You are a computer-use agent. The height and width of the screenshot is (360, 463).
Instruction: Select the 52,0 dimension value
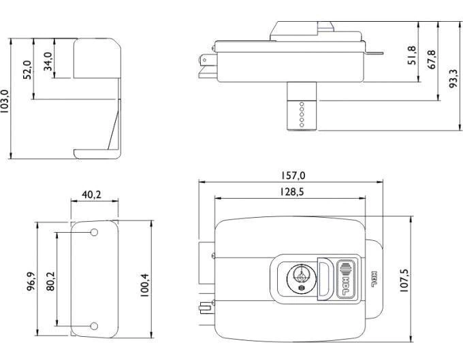(x=28, y=70)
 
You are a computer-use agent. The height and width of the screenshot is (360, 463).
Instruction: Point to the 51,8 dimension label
(x=411, y=56)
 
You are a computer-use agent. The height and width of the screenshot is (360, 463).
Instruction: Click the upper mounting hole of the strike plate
(x=95, y=233)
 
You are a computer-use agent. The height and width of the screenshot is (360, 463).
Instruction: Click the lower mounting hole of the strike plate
(x=95, y=326)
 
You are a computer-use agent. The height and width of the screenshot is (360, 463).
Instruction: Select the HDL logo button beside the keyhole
(x=347, y=278)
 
